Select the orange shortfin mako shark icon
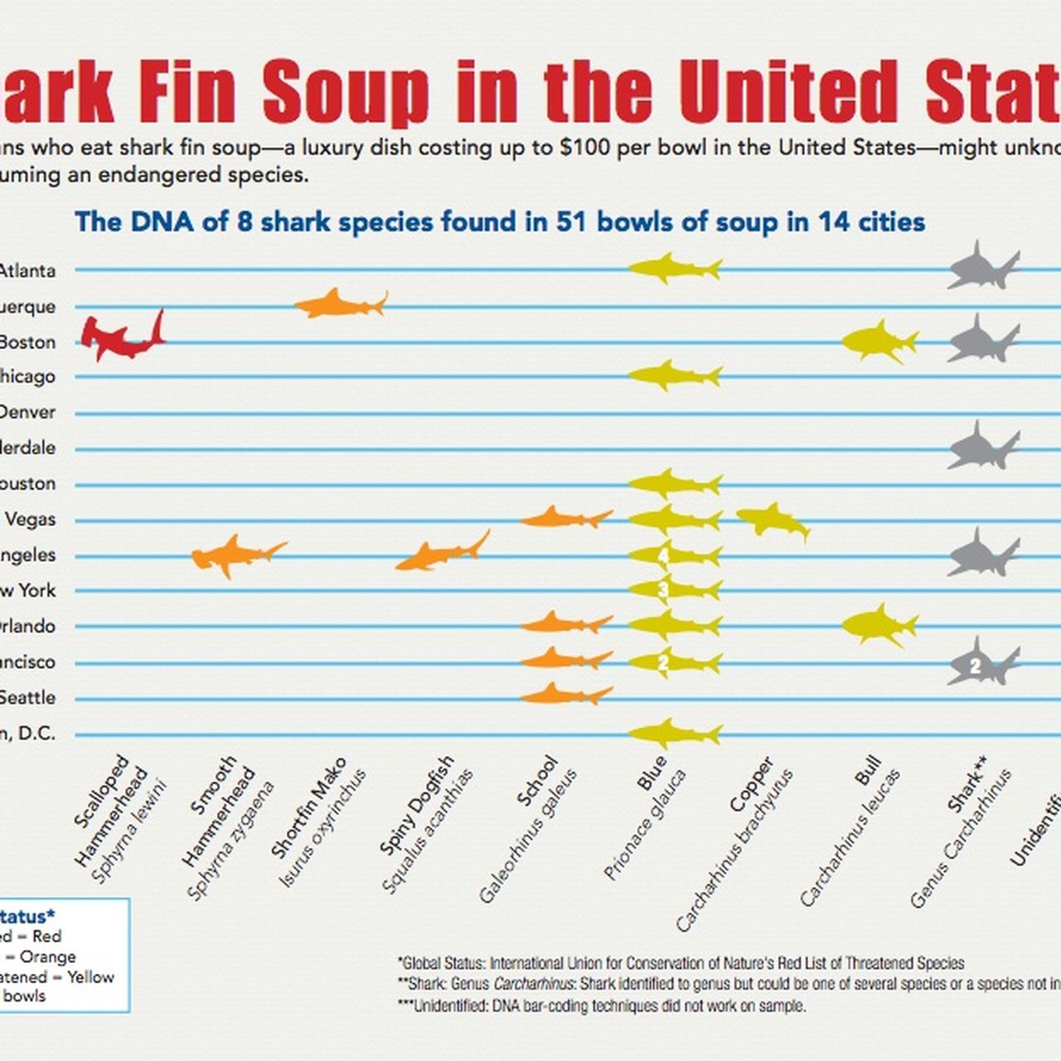coord(339,303)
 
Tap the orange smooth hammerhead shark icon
coord(235,554)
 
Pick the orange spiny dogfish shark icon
coord(439,553)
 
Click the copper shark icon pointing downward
coord(771,521)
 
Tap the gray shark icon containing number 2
coord(981,663)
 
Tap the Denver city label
coord(27,412)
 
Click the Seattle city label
coord(27,697)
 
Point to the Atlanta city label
coord(27,270)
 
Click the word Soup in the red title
coord(346,92)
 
